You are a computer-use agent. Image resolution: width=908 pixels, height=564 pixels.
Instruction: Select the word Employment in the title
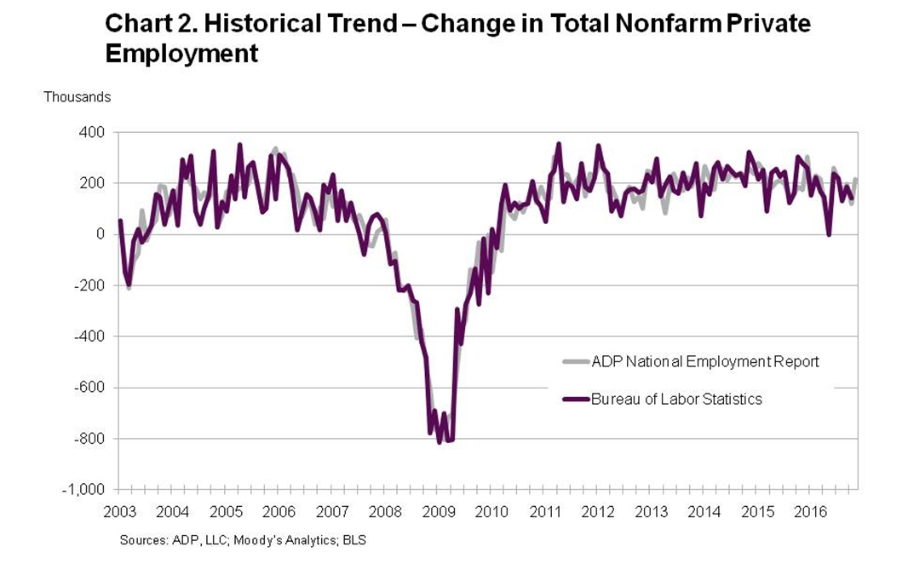point(181,54)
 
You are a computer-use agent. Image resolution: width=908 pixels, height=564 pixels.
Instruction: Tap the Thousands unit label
point(78,97)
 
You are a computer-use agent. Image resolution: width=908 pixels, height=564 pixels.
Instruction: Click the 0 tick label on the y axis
point(100,234)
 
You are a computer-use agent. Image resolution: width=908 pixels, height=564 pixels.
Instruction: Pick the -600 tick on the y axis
point(90,388)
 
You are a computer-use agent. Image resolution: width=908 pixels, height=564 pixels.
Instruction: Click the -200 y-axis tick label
point(90,285)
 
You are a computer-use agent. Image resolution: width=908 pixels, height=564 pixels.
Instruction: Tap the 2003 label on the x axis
point(120,512)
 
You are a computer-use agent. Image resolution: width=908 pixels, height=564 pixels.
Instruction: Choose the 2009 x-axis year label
point(439,512)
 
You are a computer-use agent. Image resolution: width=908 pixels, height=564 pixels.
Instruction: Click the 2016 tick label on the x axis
point(810,512)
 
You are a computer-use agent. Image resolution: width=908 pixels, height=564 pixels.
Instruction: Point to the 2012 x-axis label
point(598,512)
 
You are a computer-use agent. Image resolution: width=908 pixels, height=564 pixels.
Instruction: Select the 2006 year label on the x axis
point(279,512)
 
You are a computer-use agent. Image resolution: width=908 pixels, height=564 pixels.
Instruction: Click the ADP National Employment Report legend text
point(705,361)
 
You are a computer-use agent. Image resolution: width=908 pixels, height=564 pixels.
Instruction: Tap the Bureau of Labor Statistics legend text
point(676,399)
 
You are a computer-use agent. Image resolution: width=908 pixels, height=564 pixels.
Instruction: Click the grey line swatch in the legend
point(576,361)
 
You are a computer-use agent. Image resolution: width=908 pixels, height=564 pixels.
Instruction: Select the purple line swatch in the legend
point(576,399)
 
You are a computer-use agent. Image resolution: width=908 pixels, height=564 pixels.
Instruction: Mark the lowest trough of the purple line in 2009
point(440,442)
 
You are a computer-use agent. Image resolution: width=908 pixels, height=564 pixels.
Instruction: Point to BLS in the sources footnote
point(354,540)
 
